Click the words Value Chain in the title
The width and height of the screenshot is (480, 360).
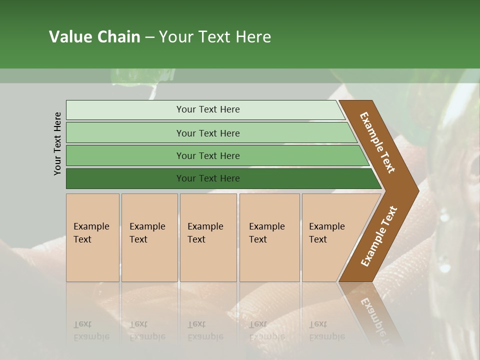pos(94,37)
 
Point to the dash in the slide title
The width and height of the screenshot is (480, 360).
pos(149,37)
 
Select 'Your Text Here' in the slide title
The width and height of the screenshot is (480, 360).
pos(215,37)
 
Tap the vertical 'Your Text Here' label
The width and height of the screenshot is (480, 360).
pos(57,143)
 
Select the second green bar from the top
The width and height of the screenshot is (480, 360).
pos(207,133)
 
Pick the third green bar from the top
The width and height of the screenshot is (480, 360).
pos(207,156)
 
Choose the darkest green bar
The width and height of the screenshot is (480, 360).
pos(207,178)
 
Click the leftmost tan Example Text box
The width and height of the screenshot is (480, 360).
pos(92,237)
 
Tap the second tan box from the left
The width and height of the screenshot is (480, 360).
pos(149,237)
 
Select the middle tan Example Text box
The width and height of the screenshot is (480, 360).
pos(208,237)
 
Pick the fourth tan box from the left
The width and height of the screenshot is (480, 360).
pos(269,237)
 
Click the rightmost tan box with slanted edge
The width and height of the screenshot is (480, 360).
pos(330,237)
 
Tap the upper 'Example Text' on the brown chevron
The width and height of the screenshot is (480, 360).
pos(377,142)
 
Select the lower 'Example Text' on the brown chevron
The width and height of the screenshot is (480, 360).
pos(379,236)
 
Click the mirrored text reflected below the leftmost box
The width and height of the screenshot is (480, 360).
pos(91,330)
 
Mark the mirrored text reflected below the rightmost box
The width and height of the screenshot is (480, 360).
pos(326,330)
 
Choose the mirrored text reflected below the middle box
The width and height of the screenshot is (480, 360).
pos(205,330)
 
